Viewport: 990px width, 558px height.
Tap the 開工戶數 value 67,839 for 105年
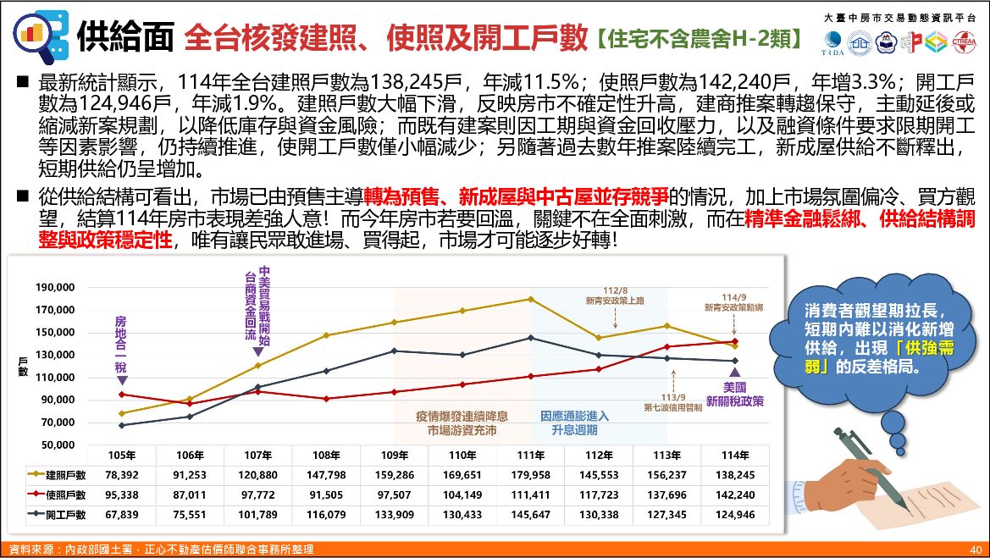[122, 514]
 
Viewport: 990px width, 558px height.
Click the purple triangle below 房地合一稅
[122, 381]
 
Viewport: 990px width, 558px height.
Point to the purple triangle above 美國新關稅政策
[734, 373]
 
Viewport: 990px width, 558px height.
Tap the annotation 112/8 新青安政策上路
[614, 295]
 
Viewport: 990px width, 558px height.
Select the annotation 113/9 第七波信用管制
[673, 401]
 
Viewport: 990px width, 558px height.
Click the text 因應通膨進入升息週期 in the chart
[575, 423]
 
